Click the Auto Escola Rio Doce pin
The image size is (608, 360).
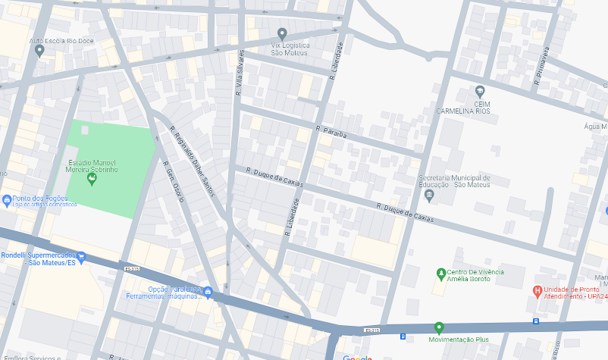click(x=39, y=51)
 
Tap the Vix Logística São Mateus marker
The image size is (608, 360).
click(x=282, y=34)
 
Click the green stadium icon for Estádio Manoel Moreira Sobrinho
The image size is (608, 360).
click(x=92, y=179)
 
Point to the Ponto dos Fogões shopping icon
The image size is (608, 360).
click(x=6, y=201)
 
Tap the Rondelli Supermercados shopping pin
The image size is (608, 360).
click(x=82, y=258)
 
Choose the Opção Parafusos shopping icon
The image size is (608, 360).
click(x=207, y=293)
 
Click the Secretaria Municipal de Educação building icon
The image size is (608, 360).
click(x=430, y=196)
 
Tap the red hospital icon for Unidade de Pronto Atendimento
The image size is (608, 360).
click(x=537, y=290)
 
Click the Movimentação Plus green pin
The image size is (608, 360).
click(x=438, y=327)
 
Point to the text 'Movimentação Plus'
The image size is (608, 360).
click(x=459, y=340)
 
